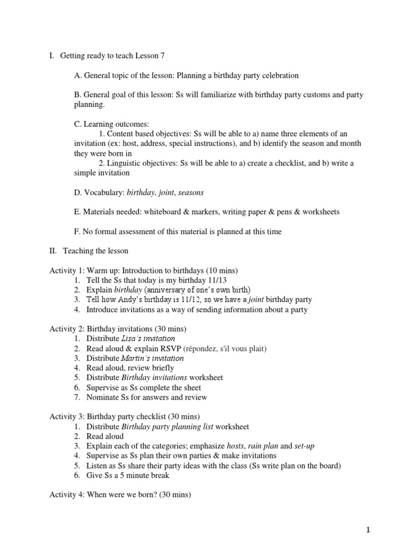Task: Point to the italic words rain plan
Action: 263,446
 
